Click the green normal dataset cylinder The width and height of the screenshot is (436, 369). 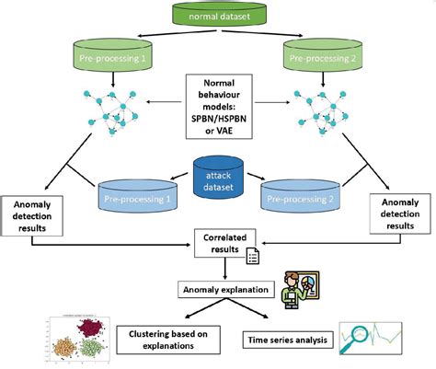219,16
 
